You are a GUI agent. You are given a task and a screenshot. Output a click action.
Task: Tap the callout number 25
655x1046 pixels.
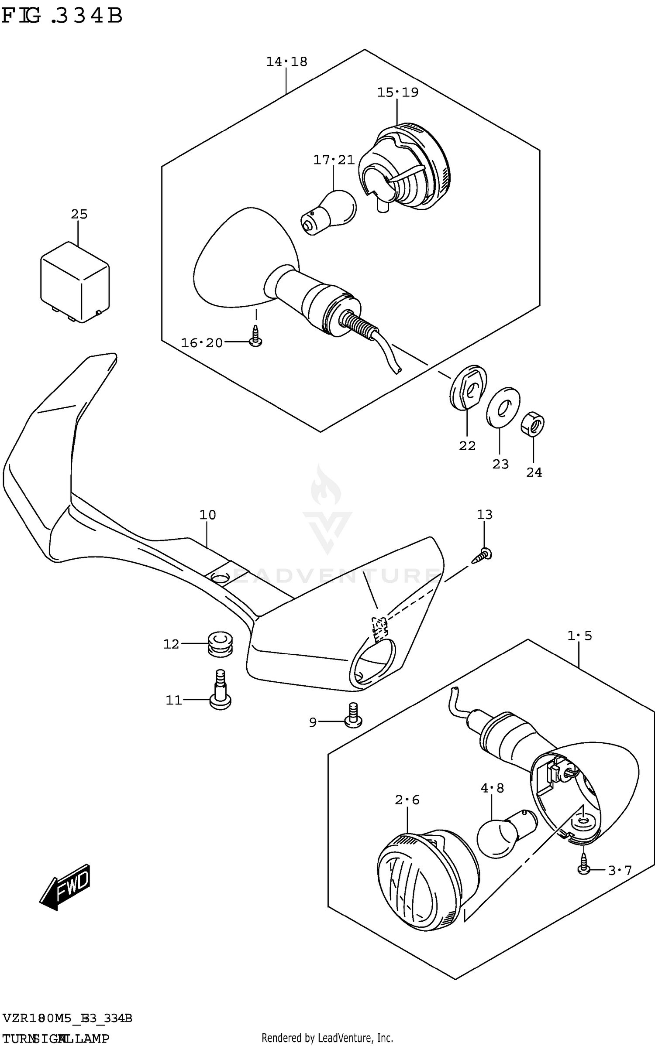pos(79,214)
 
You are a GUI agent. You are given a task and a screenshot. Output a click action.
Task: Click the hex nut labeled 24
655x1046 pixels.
pos(533,424)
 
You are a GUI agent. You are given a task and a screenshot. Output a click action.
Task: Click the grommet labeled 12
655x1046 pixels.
pos(220,645)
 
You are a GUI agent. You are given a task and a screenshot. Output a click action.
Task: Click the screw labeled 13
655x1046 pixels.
pos(483,555)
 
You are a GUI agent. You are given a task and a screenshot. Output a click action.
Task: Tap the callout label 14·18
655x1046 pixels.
pos(286,62)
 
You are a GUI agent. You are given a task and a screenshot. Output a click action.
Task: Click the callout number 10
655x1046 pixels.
pos(207,515)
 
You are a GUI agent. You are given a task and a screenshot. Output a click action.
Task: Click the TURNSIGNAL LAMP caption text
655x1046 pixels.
pos(56,1039)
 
